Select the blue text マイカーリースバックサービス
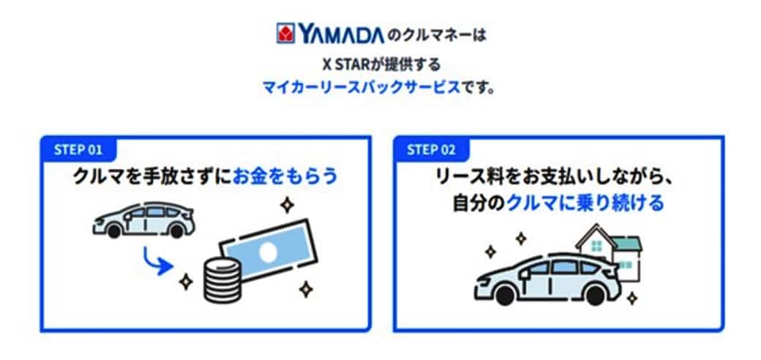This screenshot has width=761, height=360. [x=361, y=87]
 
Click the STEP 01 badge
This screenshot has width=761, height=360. [x=78, y=149]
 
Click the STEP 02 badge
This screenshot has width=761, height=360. [x=432, y=149]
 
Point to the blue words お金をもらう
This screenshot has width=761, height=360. [x=285, y=176]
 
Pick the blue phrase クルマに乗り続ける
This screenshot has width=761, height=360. [x=585, y=203]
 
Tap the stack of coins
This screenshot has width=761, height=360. [x=221, y=280]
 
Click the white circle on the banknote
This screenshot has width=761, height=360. [x=267, y=252]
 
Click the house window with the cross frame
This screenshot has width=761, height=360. [x=597, y=247]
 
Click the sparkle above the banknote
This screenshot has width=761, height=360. [x=288, y=205]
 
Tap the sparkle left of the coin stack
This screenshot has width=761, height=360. [x=185, y=282]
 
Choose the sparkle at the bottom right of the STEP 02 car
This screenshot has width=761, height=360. [x=632, y=298]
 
